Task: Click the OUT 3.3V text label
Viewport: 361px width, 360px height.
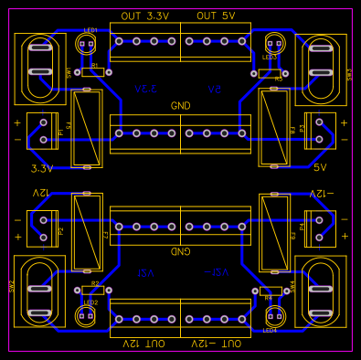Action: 144,16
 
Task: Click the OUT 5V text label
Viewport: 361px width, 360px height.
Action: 216,16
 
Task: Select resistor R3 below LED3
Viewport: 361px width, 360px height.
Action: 266,72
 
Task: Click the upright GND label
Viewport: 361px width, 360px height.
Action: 180,106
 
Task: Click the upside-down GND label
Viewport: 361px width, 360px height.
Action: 180,250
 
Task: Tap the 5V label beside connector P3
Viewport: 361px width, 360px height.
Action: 320,168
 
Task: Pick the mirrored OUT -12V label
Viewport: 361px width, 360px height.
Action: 217,343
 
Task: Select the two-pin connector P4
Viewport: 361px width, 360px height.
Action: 319,226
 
